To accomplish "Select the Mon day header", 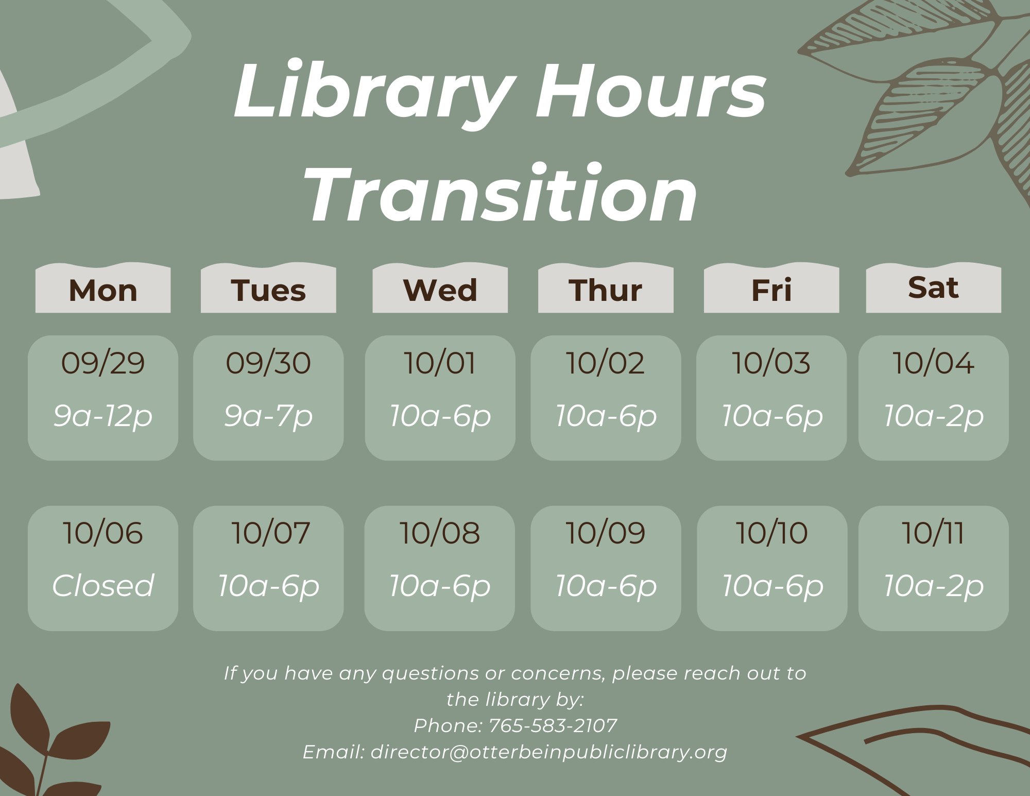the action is pos(103,290).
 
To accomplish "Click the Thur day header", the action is pos(606,290).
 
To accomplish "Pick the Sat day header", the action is pos(934,287).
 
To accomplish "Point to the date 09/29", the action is pos(103,363).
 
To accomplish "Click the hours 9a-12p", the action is pos(103,416).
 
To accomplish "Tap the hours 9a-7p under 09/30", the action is pos(268,416).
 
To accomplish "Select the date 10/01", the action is pos(440,363).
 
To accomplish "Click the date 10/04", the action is pos(933,363).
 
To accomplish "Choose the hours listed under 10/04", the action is pos(934,416).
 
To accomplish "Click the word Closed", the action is pos(103,585).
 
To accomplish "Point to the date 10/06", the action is pos(102,533).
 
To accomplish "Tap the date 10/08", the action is pos(440,533).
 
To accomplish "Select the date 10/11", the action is pos(933,533).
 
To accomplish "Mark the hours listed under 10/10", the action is pos(772,586).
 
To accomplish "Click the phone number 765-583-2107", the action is pos(553,725).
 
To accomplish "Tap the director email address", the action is pos(549,752).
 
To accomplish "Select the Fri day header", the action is pos(771,290).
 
